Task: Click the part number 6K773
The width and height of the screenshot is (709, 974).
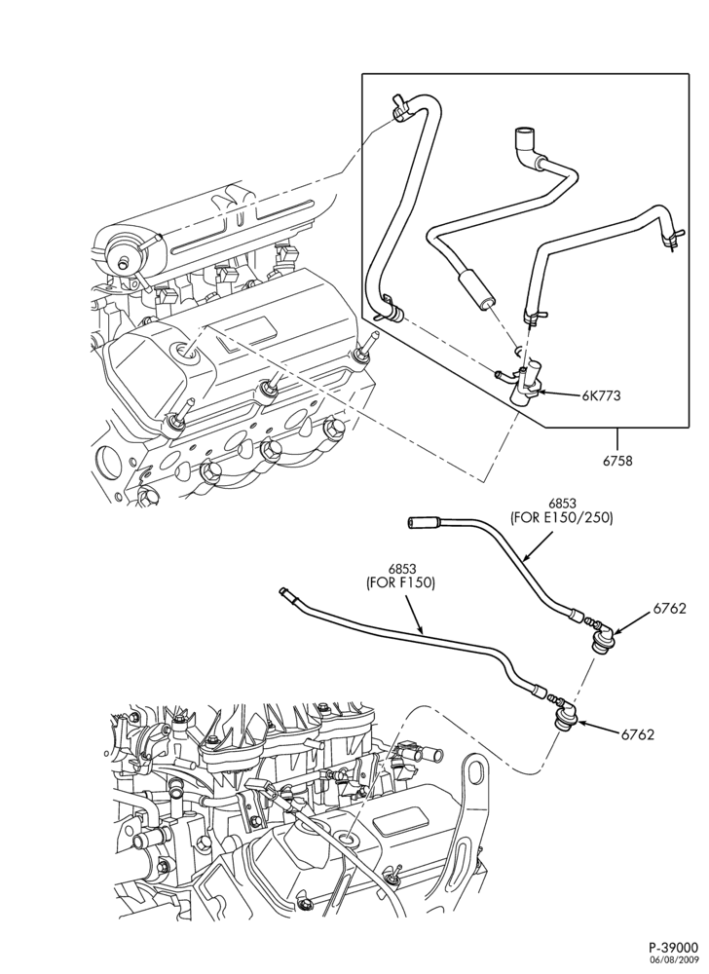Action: [x=601, y=395]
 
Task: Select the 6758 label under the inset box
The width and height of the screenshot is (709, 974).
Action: [x=616, y=462]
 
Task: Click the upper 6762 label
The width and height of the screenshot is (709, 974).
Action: [x=669, y=609]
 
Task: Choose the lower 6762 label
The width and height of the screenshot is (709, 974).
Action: [x=638, y=734]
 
